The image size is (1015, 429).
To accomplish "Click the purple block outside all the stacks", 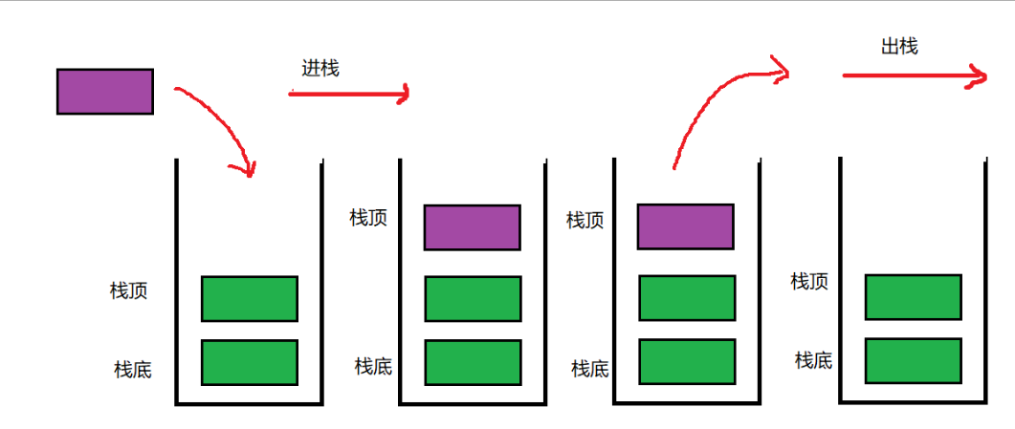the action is [105, 92].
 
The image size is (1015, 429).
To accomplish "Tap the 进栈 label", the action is [320, 68].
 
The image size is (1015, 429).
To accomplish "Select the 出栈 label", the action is [899, 46].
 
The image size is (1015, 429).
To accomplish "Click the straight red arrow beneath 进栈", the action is [349, 94].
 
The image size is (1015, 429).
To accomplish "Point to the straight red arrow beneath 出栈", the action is [914, 75].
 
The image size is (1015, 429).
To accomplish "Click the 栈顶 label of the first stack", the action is [128, 290].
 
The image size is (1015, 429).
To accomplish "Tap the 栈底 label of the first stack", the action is [132, 369].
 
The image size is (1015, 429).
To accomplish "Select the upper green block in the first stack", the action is [250, 299].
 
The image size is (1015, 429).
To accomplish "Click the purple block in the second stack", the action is [473, 227].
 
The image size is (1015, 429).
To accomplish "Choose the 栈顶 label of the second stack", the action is [368, 218].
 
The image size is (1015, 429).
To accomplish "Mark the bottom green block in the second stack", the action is [473, 362].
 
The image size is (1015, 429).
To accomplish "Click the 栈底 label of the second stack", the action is [373, 366].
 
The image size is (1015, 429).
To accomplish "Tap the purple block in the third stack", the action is [685, 226].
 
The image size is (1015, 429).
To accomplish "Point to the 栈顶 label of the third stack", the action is [585, 221].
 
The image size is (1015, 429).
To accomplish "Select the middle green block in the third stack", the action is [688, 298].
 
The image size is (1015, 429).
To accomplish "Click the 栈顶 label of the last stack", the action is [809, 281].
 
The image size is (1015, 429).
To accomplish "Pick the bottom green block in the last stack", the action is [914, 360].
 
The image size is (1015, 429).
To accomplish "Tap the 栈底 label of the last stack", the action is [813, 360].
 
